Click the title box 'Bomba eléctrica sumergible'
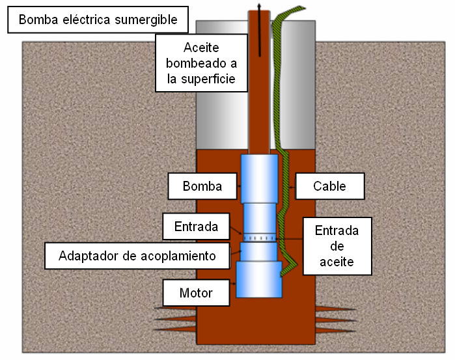click(98, 20)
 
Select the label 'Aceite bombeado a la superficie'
click(200, 64)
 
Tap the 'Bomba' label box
click(202, 186)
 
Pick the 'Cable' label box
click(329, 186)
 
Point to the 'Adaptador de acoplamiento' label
click(137, 255)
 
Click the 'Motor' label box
click(196, 293)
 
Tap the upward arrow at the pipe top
click(259, 8)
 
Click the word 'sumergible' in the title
click(146, 20)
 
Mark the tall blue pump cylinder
click(260, 179)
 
